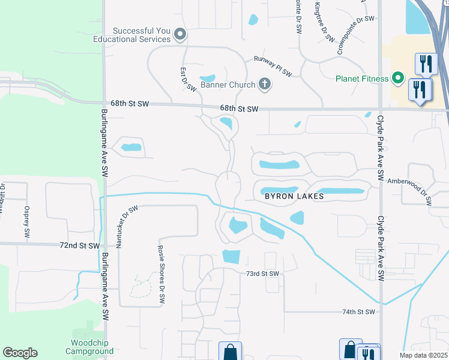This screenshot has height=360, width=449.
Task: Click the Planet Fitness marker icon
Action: click(397, 78)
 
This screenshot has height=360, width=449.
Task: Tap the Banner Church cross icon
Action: click(265, 84)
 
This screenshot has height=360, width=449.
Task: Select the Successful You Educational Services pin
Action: click(179, 35)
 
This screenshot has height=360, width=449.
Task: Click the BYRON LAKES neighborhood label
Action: click(294, 196)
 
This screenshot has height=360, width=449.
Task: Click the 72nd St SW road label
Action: click(80, 246)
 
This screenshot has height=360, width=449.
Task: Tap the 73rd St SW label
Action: click(263, 274)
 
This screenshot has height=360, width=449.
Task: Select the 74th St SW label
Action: click(358, 312)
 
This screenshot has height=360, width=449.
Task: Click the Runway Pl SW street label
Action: click(273, 66)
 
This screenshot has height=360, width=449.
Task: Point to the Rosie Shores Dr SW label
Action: click(161, 277)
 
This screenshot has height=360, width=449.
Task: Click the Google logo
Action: click(20, 353)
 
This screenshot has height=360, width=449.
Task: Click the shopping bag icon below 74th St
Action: click(230, 352)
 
